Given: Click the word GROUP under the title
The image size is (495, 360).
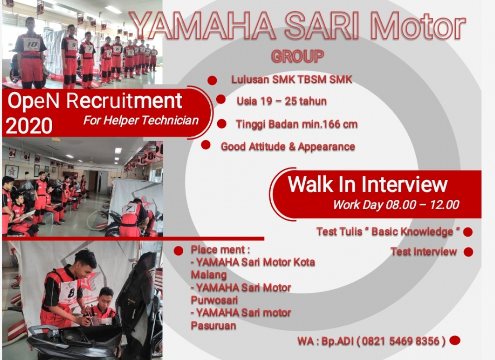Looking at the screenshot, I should pyautogui.click(x=297, y=56).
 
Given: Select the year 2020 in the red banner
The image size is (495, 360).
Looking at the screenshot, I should pyautogui.click(x=29, y=126).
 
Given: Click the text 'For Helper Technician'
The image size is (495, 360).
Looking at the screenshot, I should pyautogui.click(x=141, y=120).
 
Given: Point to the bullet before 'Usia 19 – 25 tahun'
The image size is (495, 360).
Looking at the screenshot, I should pyautogui.click(x=221, y=99).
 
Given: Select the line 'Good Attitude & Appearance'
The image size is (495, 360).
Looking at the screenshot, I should pyautogui.click(x=288, y=147).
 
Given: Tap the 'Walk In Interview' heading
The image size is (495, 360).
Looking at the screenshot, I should pyautogui.click(x=367, y=184).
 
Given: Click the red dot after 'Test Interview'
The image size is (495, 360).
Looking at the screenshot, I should pyautogui.click(x=468, y=252).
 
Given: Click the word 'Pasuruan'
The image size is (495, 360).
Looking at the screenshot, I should pyautogui.click(x=213, y=326).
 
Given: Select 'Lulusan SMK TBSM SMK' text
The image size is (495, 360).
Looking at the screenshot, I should pyautogui.click(x=291, y=80).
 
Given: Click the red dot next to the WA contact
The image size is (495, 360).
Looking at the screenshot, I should pyautogui.click(x=455, y=340).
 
